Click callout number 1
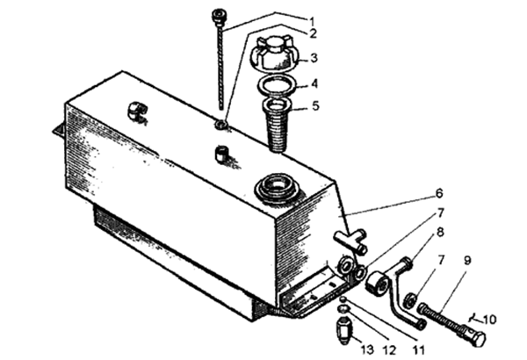tap(312, 22)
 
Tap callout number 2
tap(314, 33)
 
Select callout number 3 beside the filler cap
tap(314, 58)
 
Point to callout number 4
tap(314, 83)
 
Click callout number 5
tap(315, 105)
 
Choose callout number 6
tap(439, 193)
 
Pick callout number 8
tap(440, 232)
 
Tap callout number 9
tap(467, 260)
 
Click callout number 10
tap(490, 319)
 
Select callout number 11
tap(419, 350)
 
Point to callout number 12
tap(389, 350)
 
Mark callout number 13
tap(367, 349)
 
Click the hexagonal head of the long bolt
tap(474, 336)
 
